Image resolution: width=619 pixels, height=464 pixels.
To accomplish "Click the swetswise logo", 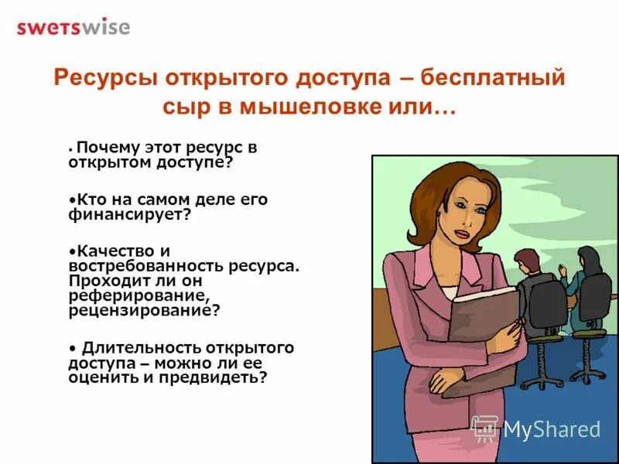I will click(74, 27).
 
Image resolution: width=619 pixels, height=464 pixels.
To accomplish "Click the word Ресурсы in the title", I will click(96, 78).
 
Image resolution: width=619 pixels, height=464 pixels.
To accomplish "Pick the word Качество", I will click(111, 251).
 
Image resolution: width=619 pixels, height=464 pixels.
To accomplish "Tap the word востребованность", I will click(145, 265).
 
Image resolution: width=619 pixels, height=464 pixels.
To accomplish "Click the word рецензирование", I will click(143, 310).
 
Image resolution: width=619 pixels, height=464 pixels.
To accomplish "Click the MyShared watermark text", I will click(552, 429).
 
